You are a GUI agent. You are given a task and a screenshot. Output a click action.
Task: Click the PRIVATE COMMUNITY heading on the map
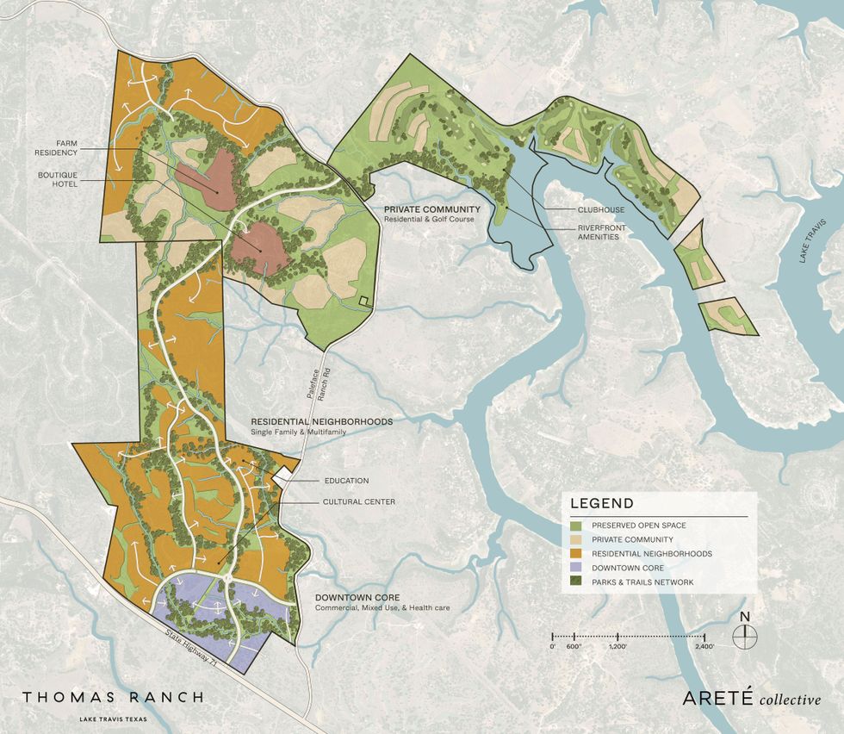432,209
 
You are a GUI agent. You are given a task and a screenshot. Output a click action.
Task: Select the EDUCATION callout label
346,481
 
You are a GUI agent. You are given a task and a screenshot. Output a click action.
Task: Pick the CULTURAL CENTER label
359,501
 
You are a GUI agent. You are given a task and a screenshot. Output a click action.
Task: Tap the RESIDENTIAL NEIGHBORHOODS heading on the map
321,421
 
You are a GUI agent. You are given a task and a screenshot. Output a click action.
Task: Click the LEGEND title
602,504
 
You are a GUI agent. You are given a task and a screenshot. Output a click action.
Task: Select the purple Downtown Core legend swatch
575,568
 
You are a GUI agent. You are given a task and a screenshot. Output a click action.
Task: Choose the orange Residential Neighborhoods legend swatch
575,554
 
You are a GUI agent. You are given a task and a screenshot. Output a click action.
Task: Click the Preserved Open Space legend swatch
575,525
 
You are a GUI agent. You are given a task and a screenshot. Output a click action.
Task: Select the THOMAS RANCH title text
113,697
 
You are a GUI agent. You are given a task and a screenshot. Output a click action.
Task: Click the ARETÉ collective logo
751,698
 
